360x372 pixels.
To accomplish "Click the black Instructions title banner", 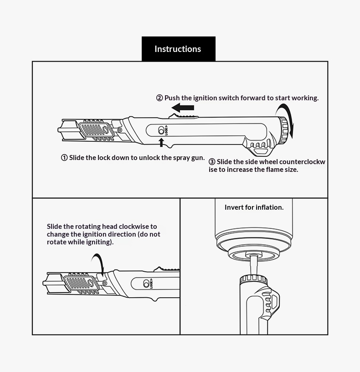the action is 179,49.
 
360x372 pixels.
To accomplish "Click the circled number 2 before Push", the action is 159,98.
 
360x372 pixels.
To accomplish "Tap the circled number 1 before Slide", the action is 64,158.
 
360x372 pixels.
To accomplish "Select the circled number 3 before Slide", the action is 212,162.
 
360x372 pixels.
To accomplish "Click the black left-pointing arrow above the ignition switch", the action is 183,108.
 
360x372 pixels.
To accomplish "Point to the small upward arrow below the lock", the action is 161,142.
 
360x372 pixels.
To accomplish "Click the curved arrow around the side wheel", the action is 286,120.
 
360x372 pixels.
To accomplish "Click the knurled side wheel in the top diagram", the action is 284,130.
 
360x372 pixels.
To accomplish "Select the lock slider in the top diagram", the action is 161,130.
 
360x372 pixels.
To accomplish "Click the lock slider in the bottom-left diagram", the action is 146,284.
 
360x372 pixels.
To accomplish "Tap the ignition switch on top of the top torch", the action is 183,116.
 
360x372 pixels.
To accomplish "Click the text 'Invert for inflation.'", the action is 254,207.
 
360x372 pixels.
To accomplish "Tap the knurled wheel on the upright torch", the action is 253,279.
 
